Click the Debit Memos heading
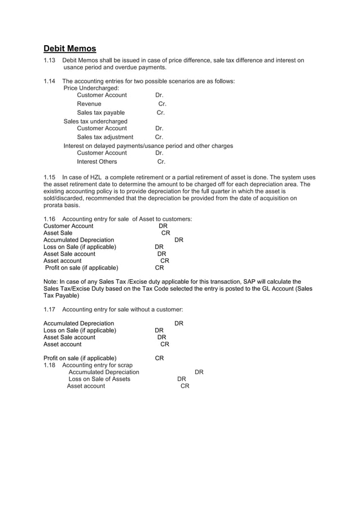pyautogui.click(x=70, y=49)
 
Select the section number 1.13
pyautogui.click(x=50, y=60)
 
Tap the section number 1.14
pyautogui.click(x=50, y=81)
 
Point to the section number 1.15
pyautogui.click(x=50, y=177)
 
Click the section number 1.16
pyautogui.click(x=50, y=219)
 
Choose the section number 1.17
pyautogui.click(x=50, y=309)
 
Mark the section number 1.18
pyautogui.click(x=50, y=365)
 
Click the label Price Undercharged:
pyautogui.click(x=91, y=89)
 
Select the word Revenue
pyautogui.click(x=89, y=104)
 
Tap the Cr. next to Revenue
pyautogui.click(x=162, y=104)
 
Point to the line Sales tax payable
pyautogui.click(x=100, y=113)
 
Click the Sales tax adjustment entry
pyautogui.click(x=105, y=137)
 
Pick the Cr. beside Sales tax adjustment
pyautogui.click(x=159, y=137)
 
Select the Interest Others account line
pyautogui.click(x=97, y=162)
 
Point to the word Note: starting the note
pyautogui.click(x=51, y=282)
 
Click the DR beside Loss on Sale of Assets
pyautogui.click(x=182, y=379)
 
